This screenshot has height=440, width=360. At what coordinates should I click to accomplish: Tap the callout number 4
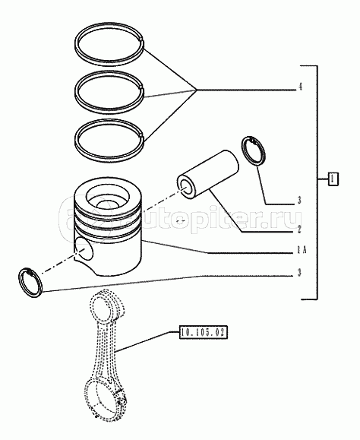pos(300,87)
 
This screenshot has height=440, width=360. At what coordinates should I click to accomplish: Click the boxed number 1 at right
pos(333,179)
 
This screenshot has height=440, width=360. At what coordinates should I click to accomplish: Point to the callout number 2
pos(299,229)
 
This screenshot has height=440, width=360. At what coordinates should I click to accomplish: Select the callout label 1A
pos(302,250)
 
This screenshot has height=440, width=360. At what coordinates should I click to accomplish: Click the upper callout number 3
pos(299,201)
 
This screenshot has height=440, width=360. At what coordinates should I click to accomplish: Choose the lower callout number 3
pos(299,273)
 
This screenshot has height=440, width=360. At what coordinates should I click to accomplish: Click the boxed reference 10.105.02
pos(204,333)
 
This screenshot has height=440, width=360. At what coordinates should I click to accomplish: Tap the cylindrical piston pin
pos(208,175)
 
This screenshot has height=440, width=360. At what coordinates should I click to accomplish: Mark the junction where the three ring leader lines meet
pos(197,90)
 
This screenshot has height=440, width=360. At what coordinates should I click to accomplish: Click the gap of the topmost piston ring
pos(143,40)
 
